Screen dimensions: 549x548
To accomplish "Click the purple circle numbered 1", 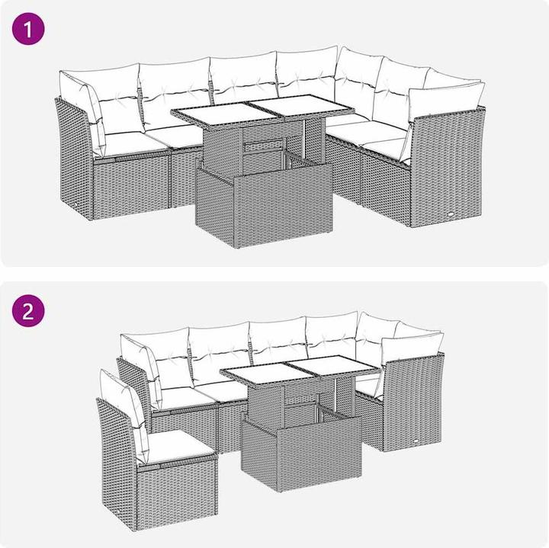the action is pyautogui.click(x=28, y=29).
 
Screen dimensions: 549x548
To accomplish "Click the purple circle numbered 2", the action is pyautogui.click(x=28, y=311).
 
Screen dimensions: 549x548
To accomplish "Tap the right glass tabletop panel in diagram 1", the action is pyautogui.click(x=301, y=106).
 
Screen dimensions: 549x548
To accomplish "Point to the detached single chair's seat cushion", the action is pyautogui.click(x=175, y=445).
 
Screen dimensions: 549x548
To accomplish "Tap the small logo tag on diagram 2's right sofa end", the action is pyautogui.click(x=416, y=441).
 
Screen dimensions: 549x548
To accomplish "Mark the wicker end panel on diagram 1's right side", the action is pyautogui.click(x=446, y=168).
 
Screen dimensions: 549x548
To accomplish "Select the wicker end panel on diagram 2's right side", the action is pyautogui.click(x=413, y=403).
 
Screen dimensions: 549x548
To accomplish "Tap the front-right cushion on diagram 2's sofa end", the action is pyautogui.click(x=413, y=349).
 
